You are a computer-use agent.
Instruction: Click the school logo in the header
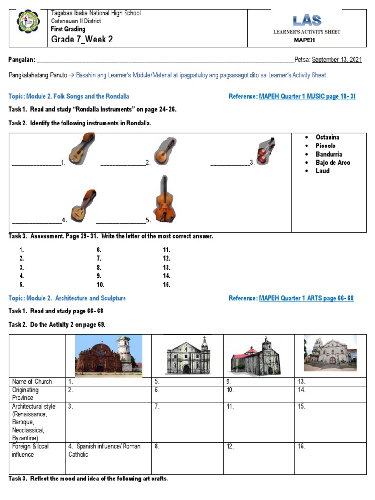click(x=28, y=24)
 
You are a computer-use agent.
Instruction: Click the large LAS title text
click(x=307, y=21)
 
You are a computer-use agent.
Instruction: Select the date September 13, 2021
click(x=337, y=60)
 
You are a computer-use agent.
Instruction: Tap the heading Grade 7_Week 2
click(x=82, y=39)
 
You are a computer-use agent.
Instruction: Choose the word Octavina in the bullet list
click(x=327, y=137)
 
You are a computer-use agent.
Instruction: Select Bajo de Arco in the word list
click(x=333, y=163)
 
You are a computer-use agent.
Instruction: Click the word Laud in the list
click(x=322, y=171)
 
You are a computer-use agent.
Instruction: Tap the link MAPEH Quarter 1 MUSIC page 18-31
click(x=307, y=97)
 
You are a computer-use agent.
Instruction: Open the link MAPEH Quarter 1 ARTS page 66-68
click(x=306, y=298)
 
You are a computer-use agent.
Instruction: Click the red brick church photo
click(x=108, y=356)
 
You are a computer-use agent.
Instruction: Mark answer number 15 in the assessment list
click(x=167, y=284)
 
